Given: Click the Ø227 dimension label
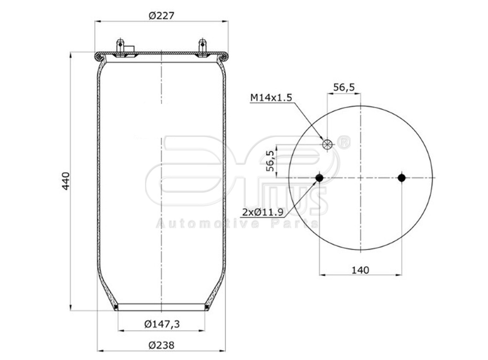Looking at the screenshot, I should (x=161, y=15).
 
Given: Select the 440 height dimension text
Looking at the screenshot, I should (x=66, y=181).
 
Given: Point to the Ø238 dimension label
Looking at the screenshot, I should (x=161, y=345).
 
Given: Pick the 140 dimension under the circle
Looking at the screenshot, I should (x=360, y=270).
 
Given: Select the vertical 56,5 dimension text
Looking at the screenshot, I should (x=270, y=161).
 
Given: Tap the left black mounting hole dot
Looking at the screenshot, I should (x=319, y=178).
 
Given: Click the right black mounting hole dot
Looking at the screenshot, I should (x=402, y=178).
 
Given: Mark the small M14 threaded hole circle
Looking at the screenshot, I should (x=327, y=144).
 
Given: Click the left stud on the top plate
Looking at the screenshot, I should (x=121, y=47).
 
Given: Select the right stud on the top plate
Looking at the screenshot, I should (x=203, y=47).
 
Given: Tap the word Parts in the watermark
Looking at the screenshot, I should (x=295, y=224).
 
